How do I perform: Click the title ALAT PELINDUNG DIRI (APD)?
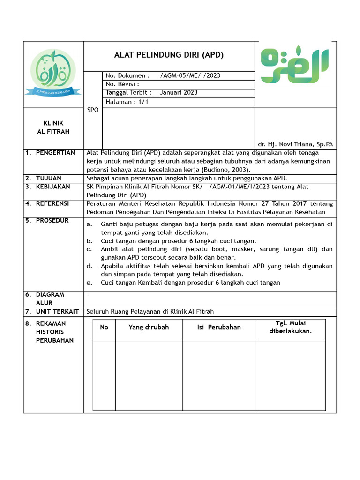(169, 55)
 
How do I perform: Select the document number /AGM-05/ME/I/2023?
(190, 76)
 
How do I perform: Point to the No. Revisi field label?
(122, 84)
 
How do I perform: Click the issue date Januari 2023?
(179, 93)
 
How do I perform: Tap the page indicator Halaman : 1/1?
(127, 102)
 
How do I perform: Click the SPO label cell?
(93, 110)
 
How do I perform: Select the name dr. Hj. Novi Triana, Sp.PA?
(295, 144)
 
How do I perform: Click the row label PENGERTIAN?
(55, 153)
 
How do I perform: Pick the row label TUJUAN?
(49, 179)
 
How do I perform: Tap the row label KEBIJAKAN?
(53, 187)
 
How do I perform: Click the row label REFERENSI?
(52, 203)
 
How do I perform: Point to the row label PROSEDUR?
(52, 220)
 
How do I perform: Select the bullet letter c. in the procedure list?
(89, 249)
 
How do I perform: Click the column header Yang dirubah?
(149, 327)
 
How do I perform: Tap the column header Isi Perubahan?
(219, 327)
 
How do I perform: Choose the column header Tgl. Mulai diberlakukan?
(291, 327)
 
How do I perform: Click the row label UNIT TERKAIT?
(57, 312)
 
